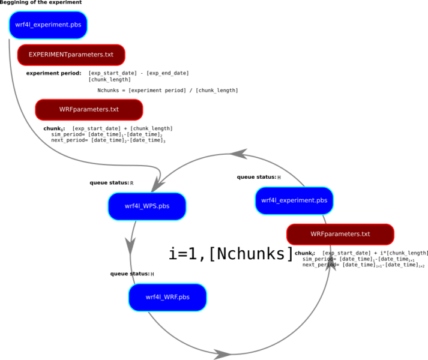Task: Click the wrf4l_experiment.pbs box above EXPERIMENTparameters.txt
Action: click(48, 25)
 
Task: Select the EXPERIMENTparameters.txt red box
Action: click(71, 55)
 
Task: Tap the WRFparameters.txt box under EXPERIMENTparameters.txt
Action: click(89, 110)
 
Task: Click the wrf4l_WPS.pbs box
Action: click(147, 206)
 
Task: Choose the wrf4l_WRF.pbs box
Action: click(167, 297)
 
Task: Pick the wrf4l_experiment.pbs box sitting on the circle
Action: click(294, 200)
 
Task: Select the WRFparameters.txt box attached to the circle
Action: click(340, 234)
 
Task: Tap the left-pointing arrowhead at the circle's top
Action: click(240, 155)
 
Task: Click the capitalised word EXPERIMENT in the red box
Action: click(48, 55)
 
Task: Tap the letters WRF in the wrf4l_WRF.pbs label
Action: click(171, 297)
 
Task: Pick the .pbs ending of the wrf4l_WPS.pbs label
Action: click(164, 206)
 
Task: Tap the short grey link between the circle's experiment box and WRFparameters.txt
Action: click(325, 220)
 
